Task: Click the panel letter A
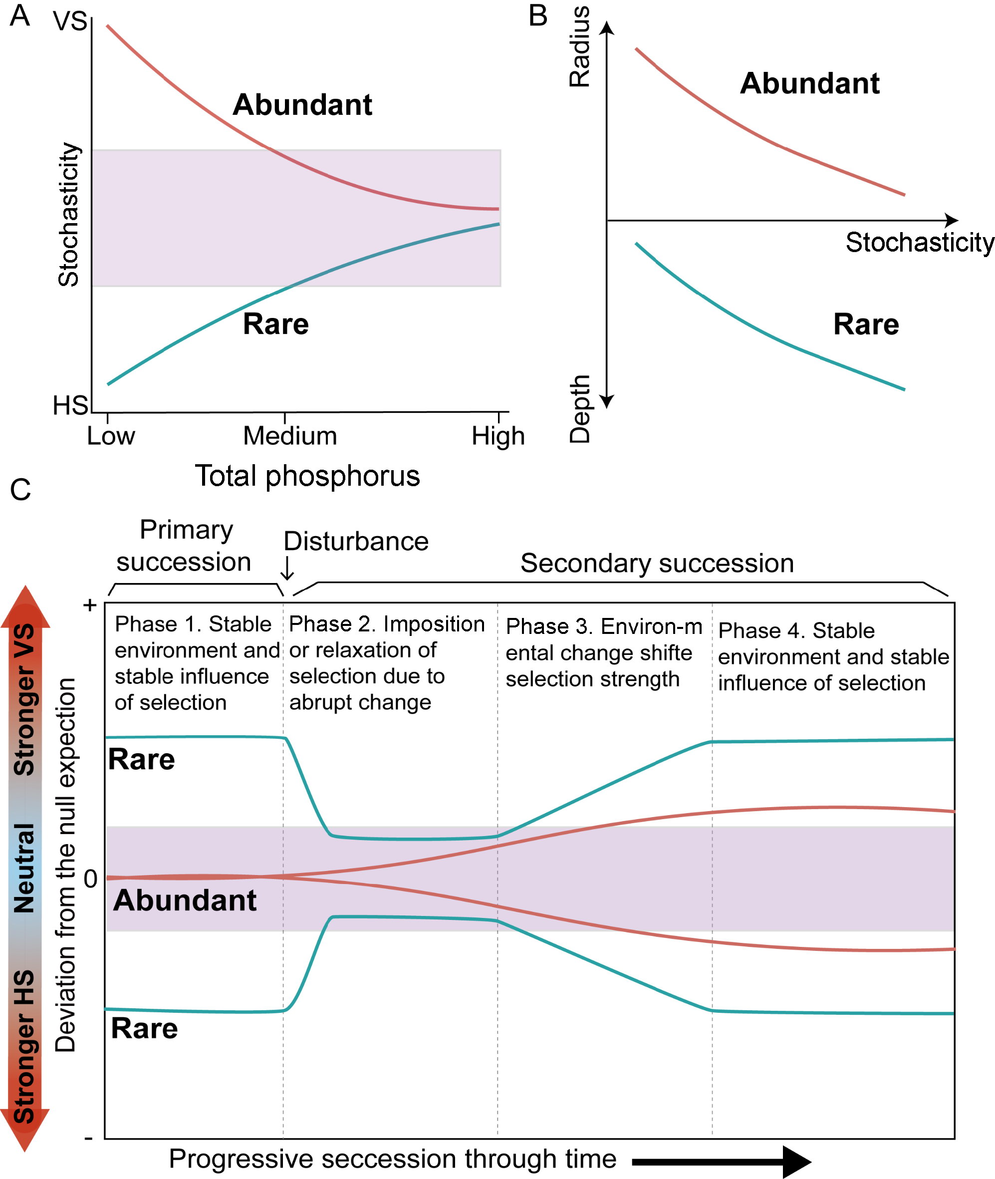20,15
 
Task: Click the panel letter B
538,16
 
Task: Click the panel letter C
20,489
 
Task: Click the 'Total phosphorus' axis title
307,476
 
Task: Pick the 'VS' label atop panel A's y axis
70,21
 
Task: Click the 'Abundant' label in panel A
302,105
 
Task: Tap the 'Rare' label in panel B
866,324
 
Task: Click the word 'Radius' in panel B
580,46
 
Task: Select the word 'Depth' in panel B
580,409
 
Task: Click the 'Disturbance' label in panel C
356,542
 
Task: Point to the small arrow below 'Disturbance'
287,569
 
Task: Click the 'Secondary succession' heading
657,563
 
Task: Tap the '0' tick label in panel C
90,879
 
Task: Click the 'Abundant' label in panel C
185,900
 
